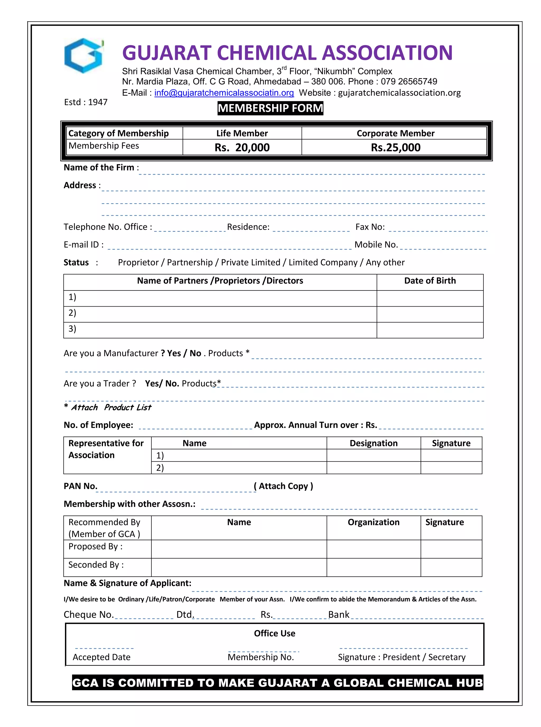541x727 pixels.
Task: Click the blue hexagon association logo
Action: coord(84,56)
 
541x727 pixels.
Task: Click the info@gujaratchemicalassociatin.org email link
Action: coord(224,93)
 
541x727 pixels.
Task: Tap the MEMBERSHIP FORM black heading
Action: coord(270,108)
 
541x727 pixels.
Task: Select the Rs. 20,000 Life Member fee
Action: coord(242,147)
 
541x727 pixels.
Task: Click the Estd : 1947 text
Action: coord(86,102)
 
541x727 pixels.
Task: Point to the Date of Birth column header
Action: coord(430,281)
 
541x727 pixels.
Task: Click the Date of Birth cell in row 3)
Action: coord(430,330)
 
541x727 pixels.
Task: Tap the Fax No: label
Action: coord(370,227)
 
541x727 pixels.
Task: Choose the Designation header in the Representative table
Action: coord(373,443)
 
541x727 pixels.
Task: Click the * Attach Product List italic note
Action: coord(108,407)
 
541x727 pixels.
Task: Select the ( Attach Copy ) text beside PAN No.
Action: coord(283,486)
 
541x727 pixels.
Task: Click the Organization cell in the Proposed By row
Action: coord(373,549)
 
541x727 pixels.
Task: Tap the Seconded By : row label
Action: coord(96,565)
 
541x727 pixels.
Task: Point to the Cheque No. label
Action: coord(88,615)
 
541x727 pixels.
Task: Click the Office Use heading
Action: coord(274,633)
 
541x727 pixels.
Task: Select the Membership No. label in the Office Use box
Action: coord(261,657)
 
